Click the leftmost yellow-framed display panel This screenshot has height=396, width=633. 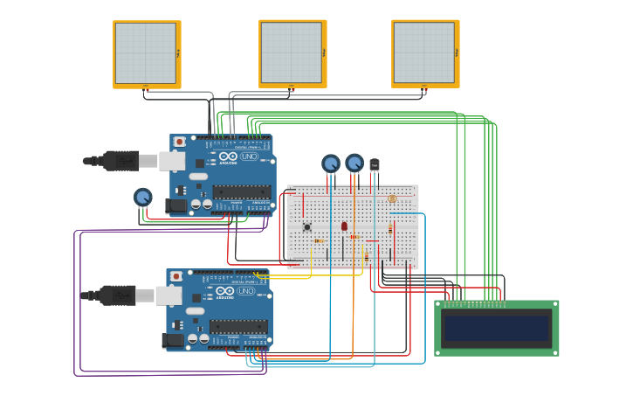146,53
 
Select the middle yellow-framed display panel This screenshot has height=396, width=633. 292,53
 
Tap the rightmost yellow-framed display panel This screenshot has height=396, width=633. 424,53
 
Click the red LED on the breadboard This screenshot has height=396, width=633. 344,226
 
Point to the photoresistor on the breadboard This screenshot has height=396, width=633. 392,199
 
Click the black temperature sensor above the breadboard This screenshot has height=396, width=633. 375,164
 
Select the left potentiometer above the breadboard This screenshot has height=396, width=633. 330,163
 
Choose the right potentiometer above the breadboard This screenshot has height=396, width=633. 354,163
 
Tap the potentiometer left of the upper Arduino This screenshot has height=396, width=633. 142,198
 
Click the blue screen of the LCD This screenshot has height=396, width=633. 496,329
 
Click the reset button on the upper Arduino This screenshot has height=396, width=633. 180,142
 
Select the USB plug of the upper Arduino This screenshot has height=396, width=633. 122,161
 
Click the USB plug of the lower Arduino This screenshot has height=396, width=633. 119,295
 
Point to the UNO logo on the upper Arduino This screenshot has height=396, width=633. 249,156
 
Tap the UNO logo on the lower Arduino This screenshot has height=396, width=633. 245,291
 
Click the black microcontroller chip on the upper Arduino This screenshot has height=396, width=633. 241,191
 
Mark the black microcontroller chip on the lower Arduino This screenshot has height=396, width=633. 237,326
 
